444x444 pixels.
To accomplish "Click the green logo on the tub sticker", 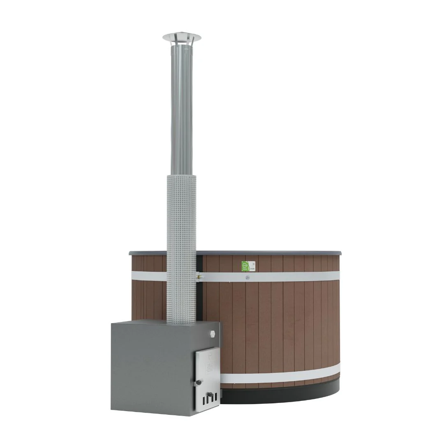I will [245, 266].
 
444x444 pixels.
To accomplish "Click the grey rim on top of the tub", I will [267, 252].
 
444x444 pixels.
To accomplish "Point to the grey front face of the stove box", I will [152, 370].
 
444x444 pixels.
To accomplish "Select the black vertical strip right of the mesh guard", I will [200, 296].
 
